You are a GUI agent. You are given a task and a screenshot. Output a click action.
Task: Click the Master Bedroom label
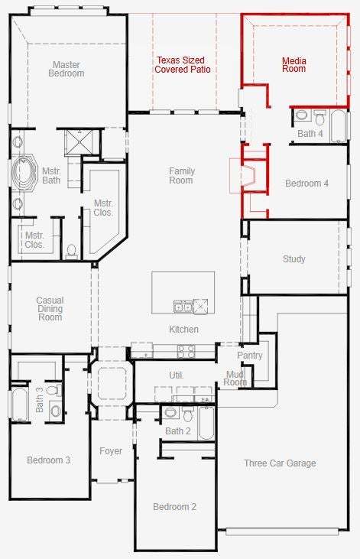click(66, 69)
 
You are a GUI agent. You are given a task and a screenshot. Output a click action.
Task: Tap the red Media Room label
click(294, 65)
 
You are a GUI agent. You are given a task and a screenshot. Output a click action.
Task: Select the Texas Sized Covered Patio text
click(182, 65)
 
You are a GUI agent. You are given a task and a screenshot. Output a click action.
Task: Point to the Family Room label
click(181, 176)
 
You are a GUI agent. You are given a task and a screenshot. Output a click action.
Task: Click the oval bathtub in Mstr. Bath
click(24, 173)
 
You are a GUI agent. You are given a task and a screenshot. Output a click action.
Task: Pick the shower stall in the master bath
click(79, 142)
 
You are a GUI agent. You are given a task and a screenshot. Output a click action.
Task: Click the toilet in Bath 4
click(319, 117)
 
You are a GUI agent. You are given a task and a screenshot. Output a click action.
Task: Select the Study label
click(294, 258)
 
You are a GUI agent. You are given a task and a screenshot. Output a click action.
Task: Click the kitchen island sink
click(183, 306)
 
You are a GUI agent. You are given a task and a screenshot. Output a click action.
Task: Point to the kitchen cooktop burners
click(186, 352)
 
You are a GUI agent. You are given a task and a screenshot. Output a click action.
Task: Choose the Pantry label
click(249, 356)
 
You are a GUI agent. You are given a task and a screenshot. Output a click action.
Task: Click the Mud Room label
click(235, 379)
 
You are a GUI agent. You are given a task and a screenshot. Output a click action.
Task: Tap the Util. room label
click(177, 375)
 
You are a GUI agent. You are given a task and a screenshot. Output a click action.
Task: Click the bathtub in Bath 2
click(206, 423)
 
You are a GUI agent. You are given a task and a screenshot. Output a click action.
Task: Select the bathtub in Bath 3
click(20, 405)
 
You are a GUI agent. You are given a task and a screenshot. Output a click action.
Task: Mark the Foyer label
click(111, 451)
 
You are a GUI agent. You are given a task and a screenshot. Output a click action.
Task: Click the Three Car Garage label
click(281, 463)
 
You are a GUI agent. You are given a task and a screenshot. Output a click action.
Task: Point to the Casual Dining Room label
click(50, 309)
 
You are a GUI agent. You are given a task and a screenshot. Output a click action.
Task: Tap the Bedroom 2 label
click(175, 506)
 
